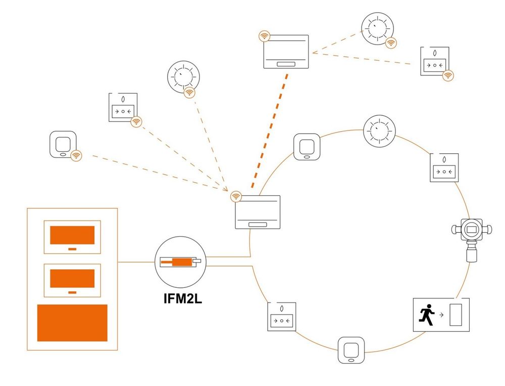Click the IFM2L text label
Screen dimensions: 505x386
(183, 298)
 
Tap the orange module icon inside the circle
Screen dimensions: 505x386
(181, 262)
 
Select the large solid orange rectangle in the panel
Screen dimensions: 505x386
(72, 323)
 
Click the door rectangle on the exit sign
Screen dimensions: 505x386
(456, 315)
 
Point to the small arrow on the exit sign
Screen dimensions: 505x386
(441, 315)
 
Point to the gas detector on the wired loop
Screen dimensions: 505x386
(472, 239)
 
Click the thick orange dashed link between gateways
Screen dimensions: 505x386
(270, 131)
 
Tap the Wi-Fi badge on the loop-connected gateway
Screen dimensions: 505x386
(236, 196)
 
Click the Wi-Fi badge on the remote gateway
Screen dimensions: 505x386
(265, 36)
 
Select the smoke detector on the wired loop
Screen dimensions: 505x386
(379, 131)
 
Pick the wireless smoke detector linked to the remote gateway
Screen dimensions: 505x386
(377, 28)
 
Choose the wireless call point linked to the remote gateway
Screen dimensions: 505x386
(435, 61)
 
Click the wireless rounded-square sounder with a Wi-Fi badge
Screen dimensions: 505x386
(63, 144)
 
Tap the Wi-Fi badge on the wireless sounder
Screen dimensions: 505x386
(76, 156)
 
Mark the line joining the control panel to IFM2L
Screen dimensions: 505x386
(136, 262)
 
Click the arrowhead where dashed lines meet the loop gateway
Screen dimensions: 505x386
(226, 189)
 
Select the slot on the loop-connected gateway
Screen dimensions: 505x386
(258, 225)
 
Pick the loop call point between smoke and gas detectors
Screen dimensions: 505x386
(444, 168)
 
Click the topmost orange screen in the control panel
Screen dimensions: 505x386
(72, 235)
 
